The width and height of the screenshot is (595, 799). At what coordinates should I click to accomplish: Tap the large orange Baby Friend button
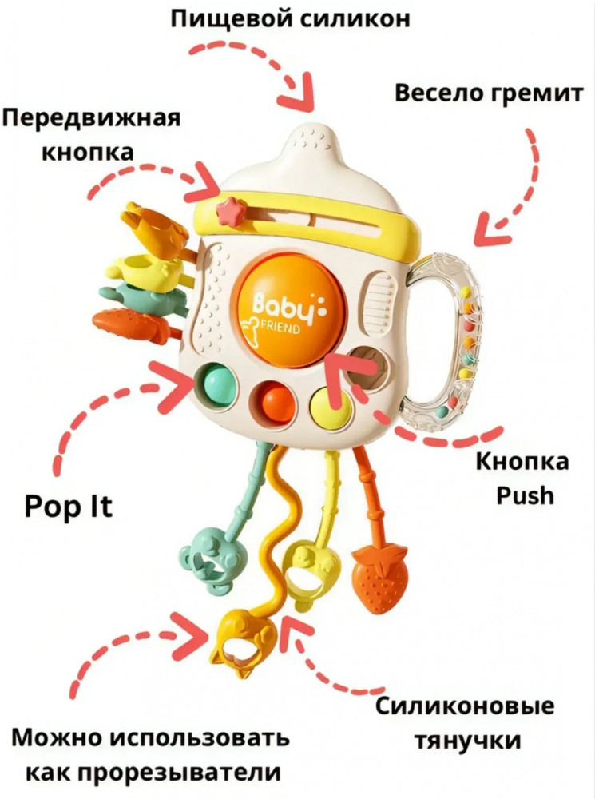click(288, 310)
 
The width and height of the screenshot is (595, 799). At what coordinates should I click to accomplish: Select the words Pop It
click(68, 507)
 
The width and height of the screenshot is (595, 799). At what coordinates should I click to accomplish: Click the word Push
click(526, 495)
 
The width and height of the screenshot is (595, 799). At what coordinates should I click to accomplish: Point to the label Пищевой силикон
click(290, 19)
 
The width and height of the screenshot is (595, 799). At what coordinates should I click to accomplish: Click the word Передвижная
click(92, 118)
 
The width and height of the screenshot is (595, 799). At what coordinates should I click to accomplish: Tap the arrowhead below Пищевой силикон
click(300, 94)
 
